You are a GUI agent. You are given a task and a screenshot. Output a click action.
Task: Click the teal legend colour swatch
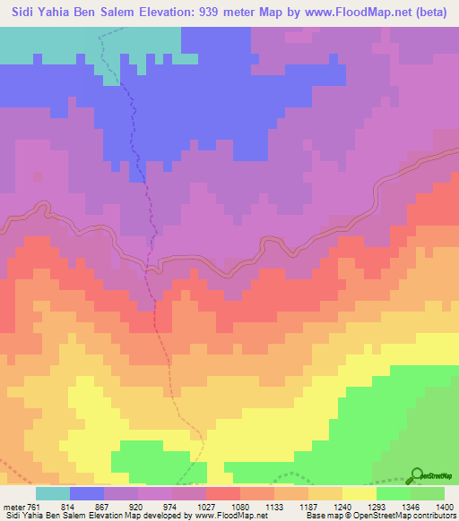click(x=53, y=493)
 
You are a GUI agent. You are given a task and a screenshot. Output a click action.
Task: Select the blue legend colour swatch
click(x=87, y=493)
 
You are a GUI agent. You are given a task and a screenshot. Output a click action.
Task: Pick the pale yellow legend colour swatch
click(x=359, y=493)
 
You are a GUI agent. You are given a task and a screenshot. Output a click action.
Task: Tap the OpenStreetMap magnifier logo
click(x=416, y=474)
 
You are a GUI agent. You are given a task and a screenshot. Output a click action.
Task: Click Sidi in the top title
click(x=19, y=12)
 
